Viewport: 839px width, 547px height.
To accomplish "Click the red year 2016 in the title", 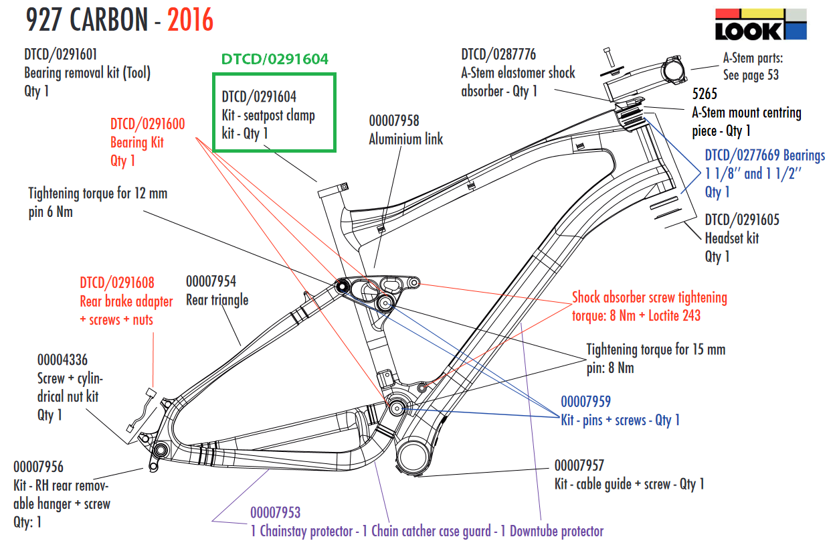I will (x=190, y=21).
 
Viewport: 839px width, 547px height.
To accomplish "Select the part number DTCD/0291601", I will (x=64, y=54).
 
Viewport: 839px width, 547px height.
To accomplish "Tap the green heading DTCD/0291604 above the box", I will (x=274, y=60).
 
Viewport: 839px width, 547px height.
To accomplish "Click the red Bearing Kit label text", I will (x=137, y=142).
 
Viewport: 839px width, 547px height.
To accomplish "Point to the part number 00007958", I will (x=394, y=121).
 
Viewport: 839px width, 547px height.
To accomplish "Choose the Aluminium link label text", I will (x=405, y=139).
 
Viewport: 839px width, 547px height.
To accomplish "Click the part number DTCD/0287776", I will (x=498, y=54).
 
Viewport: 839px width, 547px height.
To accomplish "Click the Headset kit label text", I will (x=731, y=238).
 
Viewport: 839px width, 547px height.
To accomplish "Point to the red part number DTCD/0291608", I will (x=117, y=283).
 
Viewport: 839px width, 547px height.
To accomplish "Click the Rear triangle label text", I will (x=217, y=300).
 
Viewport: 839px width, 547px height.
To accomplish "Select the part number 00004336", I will (x=62, y=360).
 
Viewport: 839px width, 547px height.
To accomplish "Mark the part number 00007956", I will (x=38, y=467).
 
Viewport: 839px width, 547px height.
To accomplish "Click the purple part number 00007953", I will (x=275, y=513).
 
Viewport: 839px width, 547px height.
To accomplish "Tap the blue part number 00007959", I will (x=585, y=402).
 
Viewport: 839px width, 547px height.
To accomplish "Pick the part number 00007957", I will (x=579, y=465).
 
